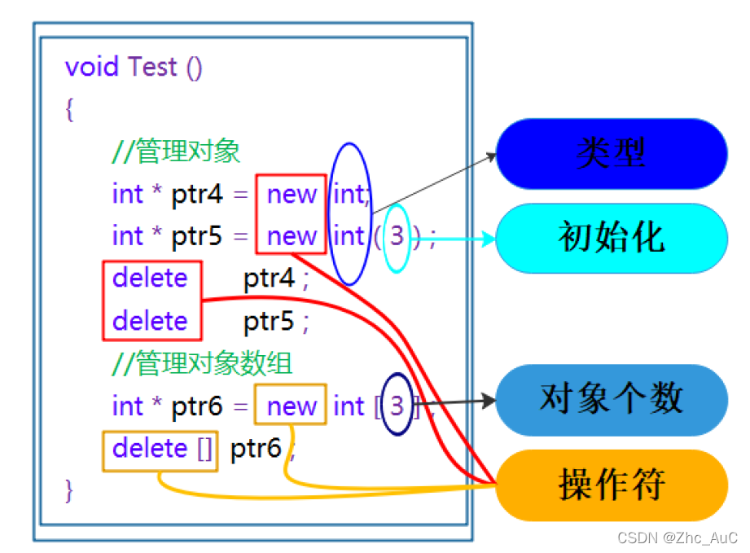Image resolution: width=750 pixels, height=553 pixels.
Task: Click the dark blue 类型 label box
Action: click(611, 153)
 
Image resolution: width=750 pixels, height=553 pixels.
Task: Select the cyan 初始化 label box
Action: click(611, 238)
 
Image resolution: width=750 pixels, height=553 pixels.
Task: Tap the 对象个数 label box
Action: click(611, 399)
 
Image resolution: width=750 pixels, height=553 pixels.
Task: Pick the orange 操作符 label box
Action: click(611, 485)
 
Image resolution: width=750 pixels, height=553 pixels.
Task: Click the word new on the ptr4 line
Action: click(292, 195)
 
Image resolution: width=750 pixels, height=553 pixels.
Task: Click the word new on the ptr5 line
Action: click(292, 237)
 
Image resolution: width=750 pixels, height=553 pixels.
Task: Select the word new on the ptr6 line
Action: click(292, 406)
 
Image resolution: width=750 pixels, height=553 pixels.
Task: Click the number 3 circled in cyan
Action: click(397, 237)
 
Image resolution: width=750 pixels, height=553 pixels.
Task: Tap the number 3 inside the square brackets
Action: click(397, 406)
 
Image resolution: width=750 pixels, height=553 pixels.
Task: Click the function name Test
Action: click(152, 67)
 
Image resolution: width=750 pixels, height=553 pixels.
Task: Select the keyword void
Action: click(92, 67)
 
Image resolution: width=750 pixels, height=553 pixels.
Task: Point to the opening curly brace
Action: click(70, 109)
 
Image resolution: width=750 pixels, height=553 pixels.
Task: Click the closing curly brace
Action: click(70, 490)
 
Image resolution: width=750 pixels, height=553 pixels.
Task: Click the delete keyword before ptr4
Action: click(150, 279)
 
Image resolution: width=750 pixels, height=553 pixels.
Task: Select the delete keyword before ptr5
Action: click(150, 322)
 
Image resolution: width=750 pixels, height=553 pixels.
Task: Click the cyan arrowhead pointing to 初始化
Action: click(489, 239)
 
